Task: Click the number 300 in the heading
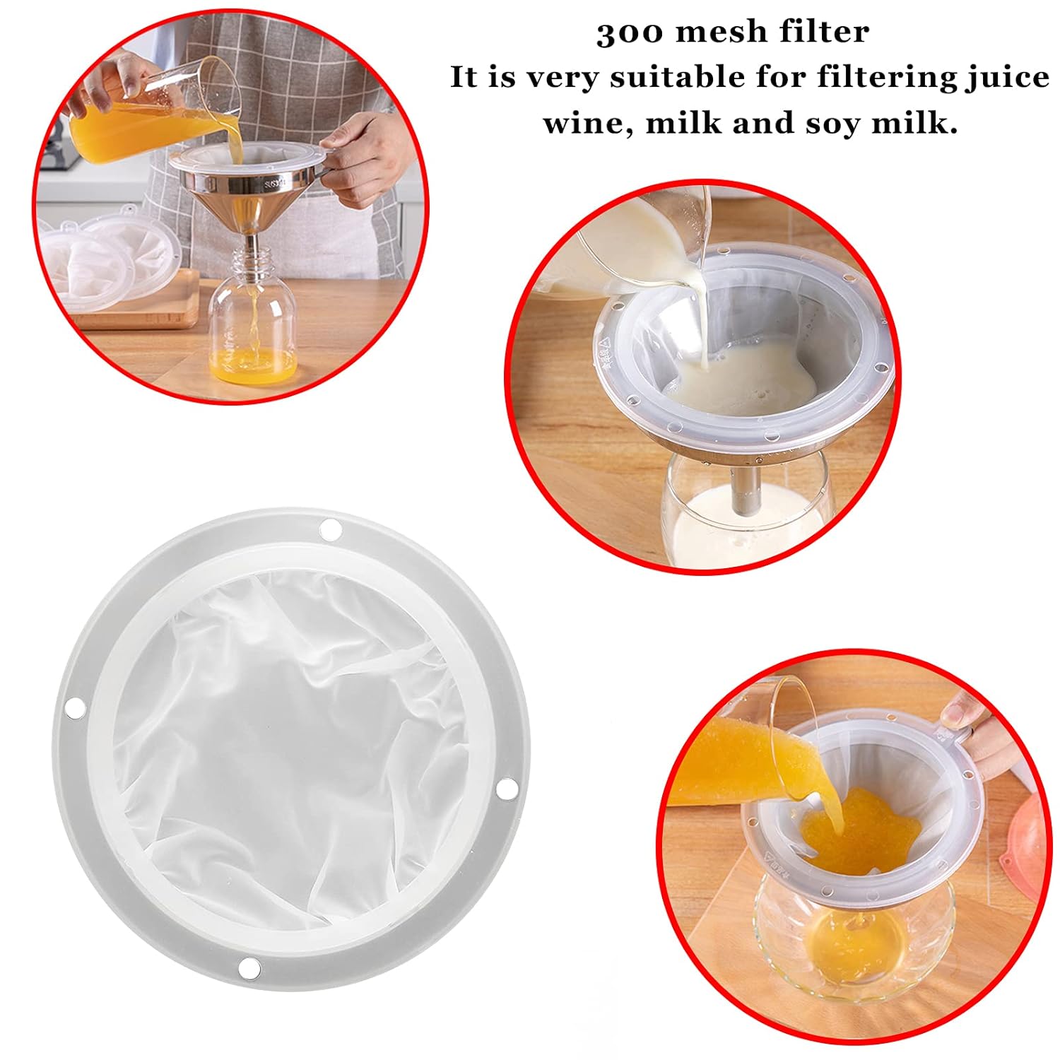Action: [630, 33]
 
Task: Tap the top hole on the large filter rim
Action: [329, 529]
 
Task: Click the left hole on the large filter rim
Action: [73, 705]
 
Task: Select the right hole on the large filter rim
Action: [505, 789]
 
